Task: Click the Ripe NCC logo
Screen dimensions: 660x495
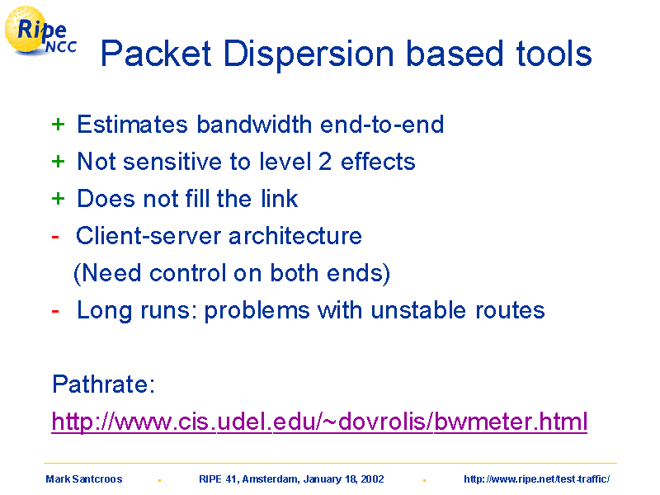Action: coord(40,31)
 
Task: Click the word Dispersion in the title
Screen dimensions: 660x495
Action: coord(309,54)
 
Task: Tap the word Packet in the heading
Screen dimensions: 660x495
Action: coord(156,54)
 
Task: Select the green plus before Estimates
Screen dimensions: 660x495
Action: coord(58,125)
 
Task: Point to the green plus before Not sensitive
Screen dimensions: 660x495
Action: coord(58,162)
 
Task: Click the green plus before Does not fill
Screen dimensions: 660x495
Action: coord(58,199)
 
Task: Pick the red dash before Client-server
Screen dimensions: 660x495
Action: coord(55,237)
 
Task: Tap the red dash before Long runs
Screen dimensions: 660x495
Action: coord(55,312)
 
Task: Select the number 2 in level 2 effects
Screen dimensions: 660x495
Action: coord(325,162)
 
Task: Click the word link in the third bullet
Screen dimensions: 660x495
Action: coord(279,198)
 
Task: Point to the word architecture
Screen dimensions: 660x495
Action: coord(295,236)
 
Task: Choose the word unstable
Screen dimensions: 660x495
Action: coord(418,310)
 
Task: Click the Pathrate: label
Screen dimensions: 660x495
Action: coord(104,384)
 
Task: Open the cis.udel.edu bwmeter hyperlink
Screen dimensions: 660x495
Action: coord(319,422)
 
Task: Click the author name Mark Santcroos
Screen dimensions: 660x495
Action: coord(84,479)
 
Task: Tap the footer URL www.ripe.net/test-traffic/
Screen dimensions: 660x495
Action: coord(537,479)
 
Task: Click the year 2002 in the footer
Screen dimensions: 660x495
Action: coord(373,479)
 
